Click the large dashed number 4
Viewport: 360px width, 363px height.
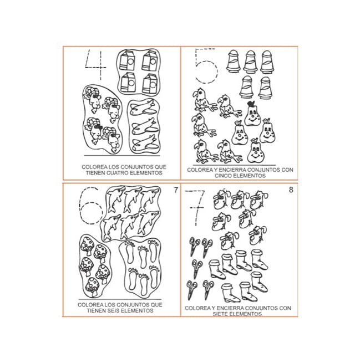pos(100,67)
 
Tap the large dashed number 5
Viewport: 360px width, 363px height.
pos(205,66)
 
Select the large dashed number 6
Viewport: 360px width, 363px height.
pos(91,206)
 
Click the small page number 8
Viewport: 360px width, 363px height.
pos(291,190)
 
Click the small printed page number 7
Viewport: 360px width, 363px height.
pos(176,190)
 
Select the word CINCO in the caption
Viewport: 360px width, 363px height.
pos(224,176)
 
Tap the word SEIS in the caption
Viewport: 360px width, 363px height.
pos(114,311)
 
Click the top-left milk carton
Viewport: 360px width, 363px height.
pos(126,60)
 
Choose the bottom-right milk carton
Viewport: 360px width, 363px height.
pos(150,84)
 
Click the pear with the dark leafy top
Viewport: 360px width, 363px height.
pos(252,114)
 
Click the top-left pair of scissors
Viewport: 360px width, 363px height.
pos(194,246)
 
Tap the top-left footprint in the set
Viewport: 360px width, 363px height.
pos(130,252)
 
